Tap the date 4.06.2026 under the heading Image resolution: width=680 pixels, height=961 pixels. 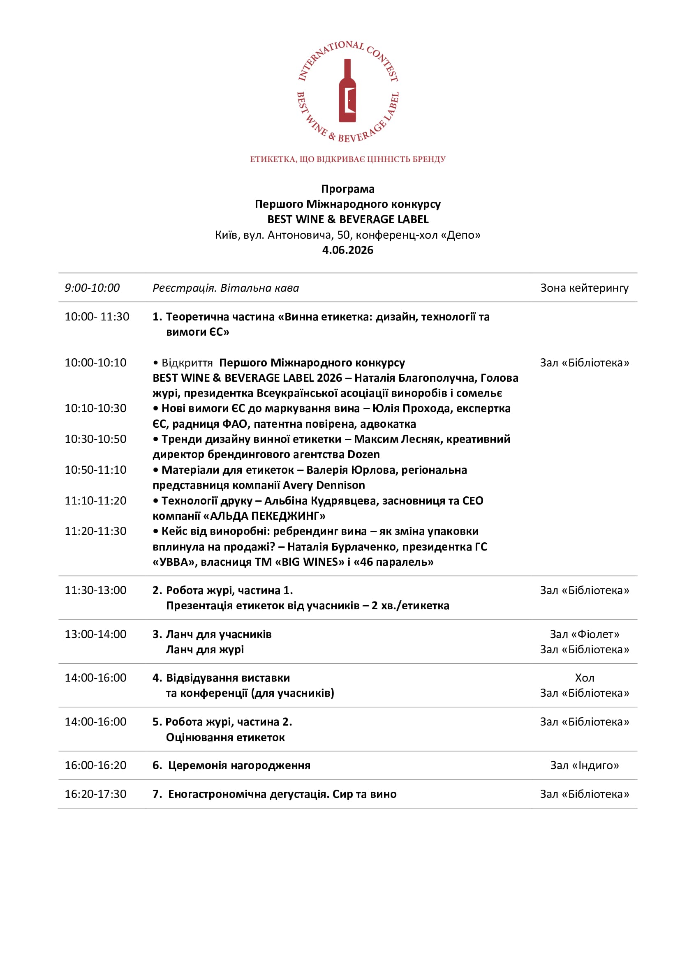click(x=347, y=250)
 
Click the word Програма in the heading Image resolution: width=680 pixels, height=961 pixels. click(x=347, y=189)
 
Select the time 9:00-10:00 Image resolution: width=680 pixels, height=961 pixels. click(x=92, y=288)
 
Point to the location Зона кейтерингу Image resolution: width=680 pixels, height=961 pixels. click(x=585, y=288)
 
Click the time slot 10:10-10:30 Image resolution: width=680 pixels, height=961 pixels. click(x=95, y=408)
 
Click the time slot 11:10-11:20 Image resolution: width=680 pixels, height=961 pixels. click(x=95, y=500)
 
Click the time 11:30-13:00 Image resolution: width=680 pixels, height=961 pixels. click(x=95, y=590)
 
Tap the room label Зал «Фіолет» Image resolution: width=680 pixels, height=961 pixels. click(x=585, y=634)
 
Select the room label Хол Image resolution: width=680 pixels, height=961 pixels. click(x=585, y=678)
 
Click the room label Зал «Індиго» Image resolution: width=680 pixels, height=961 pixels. click(x=585, y=765)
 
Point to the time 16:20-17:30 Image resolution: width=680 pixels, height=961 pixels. click(x=95, y=794)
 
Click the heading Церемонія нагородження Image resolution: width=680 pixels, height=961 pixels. click(x=239, y=765)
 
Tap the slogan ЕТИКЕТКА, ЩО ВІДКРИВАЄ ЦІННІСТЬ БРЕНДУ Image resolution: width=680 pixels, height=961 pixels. click(x=347, y=159)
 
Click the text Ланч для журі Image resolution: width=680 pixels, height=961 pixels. click(x=205, y=650)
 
